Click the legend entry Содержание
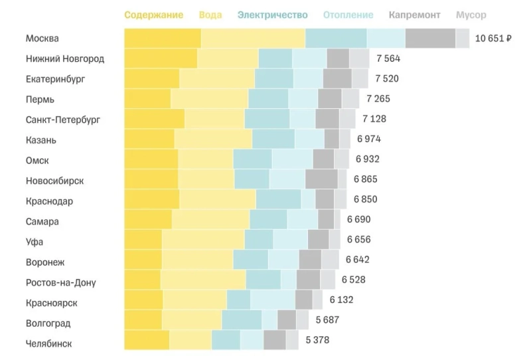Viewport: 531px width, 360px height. click(x=153, y=15)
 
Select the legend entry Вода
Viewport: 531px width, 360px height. click(x=210, y=15)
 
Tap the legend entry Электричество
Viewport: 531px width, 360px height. click(x=272, y=15)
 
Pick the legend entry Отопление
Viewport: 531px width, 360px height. click(x=348, y=15)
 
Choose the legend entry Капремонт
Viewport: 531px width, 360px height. click(x=415, y=15)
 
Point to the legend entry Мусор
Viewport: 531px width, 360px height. click(x=471, y=15)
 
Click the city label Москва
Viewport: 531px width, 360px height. click(x=42, y=39)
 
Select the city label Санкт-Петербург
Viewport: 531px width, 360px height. click(x=62, y=120)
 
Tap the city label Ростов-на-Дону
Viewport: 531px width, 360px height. click(x=60, y=282)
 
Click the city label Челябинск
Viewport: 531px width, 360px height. click(x=48, y=343)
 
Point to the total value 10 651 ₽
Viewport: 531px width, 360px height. click(x=493, y=39)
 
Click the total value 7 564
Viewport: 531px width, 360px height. click(x=388, y=58)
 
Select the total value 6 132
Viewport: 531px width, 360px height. click(x=341, y=300)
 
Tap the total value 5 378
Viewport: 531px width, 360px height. click(x=317, y=340)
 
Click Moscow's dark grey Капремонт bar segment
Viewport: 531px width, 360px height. click(x=430, y=39)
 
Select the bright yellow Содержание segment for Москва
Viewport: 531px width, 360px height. click(x=163, y=39)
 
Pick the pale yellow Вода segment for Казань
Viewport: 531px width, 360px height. click(x=213, y=139)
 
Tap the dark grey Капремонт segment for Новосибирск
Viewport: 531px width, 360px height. click(x=321, y=179)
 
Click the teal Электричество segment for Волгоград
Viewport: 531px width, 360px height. click(x=242, y=320)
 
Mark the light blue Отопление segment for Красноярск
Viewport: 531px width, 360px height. click(x=273, y=300)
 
